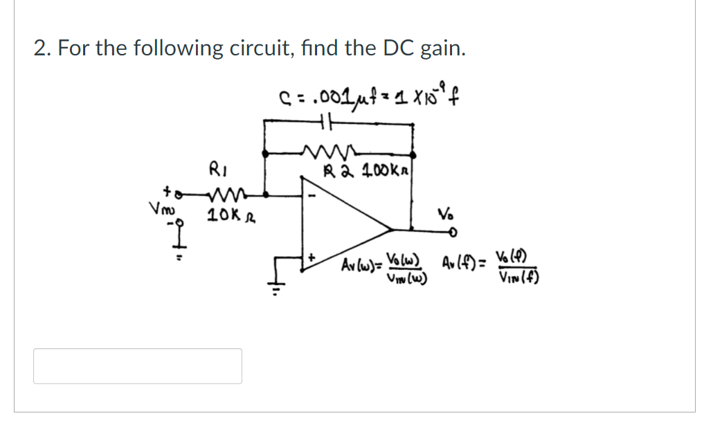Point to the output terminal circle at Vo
point(455,233)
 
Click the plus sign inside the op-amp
point(312,257)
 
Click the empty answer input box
point(138,366)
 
